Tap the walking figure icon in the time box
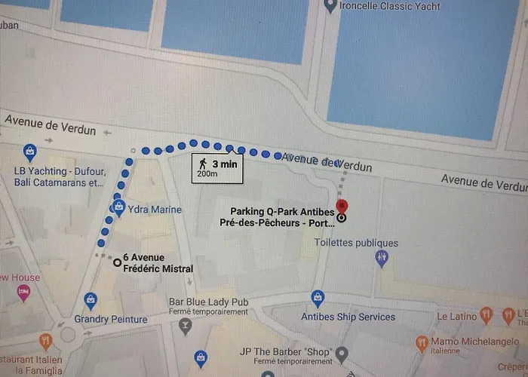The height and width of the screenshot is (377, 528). [202, 163]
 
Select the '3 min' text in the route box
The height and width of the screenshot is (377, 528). [224, 164]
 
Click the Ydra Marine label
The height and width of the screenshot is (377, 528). [155, 209]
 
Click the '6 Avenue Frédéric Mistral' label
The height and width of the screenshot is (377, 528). [159, 263]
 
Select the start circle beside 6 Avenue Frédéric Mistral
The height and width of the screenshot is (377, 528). [117, 262]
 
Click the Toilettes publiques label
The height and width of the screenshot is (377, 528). [356, 243]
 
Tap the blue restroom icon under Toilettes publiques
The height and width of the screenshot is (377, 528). [382, 259]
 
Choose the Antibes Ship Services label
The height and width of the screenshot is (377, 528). [348, 317]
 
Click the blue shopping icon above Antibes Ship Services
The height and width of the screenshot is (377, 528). [318, 297]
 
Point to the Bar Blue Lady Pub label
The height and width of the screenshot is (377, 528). [209, 302]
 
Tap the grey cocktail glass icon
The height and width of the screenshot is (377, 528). [185, 326]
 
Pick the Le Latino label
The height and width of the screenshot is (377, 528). [456, 316]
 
